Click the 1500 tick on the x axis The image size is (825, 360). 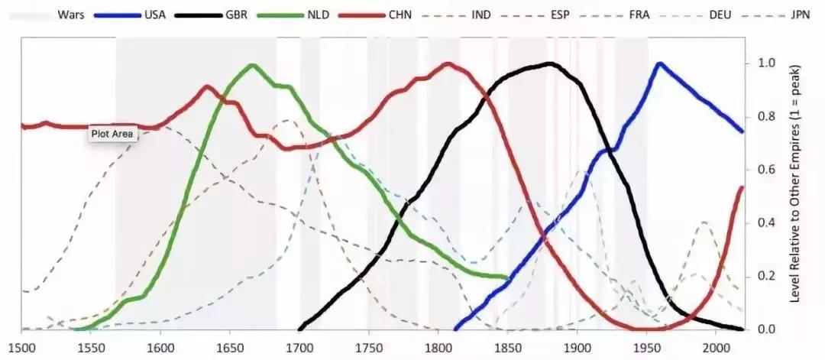coord(21,345)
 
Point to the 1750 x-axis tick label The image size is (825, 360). coord(368,345)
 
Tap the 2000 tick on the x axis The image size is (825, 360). coord(715,345)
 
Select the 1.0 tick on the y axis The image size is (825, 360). coord(765,63)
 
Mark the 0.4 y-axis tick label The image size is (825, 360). coord(765,223)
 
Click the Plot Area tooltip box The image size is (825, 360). coord(112,135)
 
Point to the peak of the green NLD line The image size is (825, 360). coord(253,66)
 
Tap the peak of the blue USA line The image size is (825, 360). coord(659,63)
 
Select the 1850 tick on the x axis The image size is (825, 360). coord(507,345)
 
